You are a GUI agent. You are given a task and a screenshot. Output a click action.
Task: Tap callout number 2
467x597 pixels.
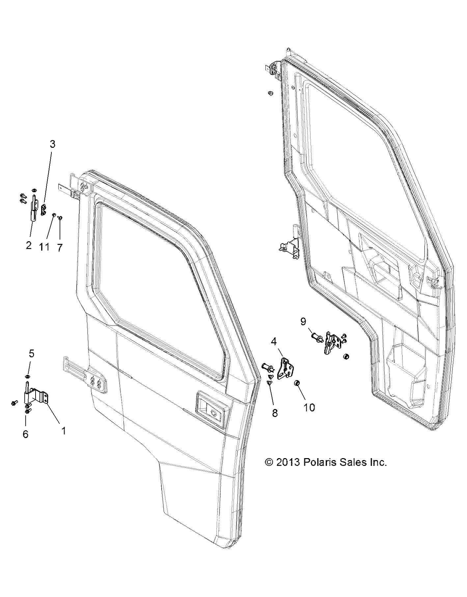(x=29, y=245)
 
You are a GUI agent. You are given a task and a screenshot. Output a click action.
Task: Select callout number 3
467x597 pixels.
(x=52, y=144)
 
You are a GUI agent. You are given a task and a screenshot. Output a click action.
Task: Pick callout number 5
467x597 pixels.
(x=31, y=353)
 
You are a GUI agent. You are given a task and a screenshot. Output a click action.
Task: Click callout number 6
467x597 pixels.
(x=25, y=434)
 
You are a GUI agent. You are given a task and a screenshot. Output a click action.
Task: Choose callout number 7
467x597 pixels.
(x=60, y=247)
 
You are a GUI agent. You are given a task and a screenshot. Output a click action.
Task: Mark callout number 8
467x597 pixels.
(x=275, y=413)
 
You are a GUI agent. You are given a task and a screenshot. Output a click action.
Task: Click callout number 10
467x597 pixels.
(x=309, y=407)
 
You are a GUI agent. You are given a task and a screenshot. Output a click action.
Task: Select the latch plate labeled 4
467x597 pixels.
(x=285, y=369)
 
